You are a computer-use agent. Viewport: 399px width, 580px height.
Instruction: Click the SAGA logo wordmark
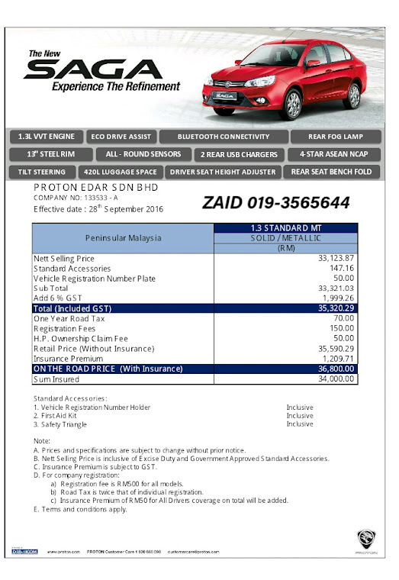tap(97, 70)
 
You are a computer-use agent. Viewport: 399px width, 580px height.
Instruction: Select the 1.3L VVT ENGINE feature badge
tap(47, 137)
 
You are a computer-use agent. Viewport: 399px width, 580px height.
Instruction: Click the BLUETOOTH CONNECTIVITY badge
tap(224, 137)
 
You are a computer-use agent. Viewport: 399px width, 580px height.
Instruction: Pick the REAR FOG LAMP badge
tap(336, 137)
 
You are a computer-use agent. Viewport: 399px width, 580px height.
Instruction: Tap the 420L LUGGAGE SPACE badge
tap(121, 172)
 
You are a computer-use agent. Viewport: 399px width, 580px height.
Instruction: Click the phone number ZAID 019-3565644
tap(276, 203)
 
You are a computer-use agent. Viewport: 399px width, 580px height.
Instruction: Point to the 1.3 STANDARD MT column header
tap(285, 227)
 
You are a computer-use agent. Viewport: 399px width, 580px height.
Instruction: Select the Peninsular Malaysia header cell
tap(124, 238)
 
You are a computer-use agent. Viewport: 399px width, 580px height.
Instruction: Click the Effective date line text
tap(98, 208)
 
